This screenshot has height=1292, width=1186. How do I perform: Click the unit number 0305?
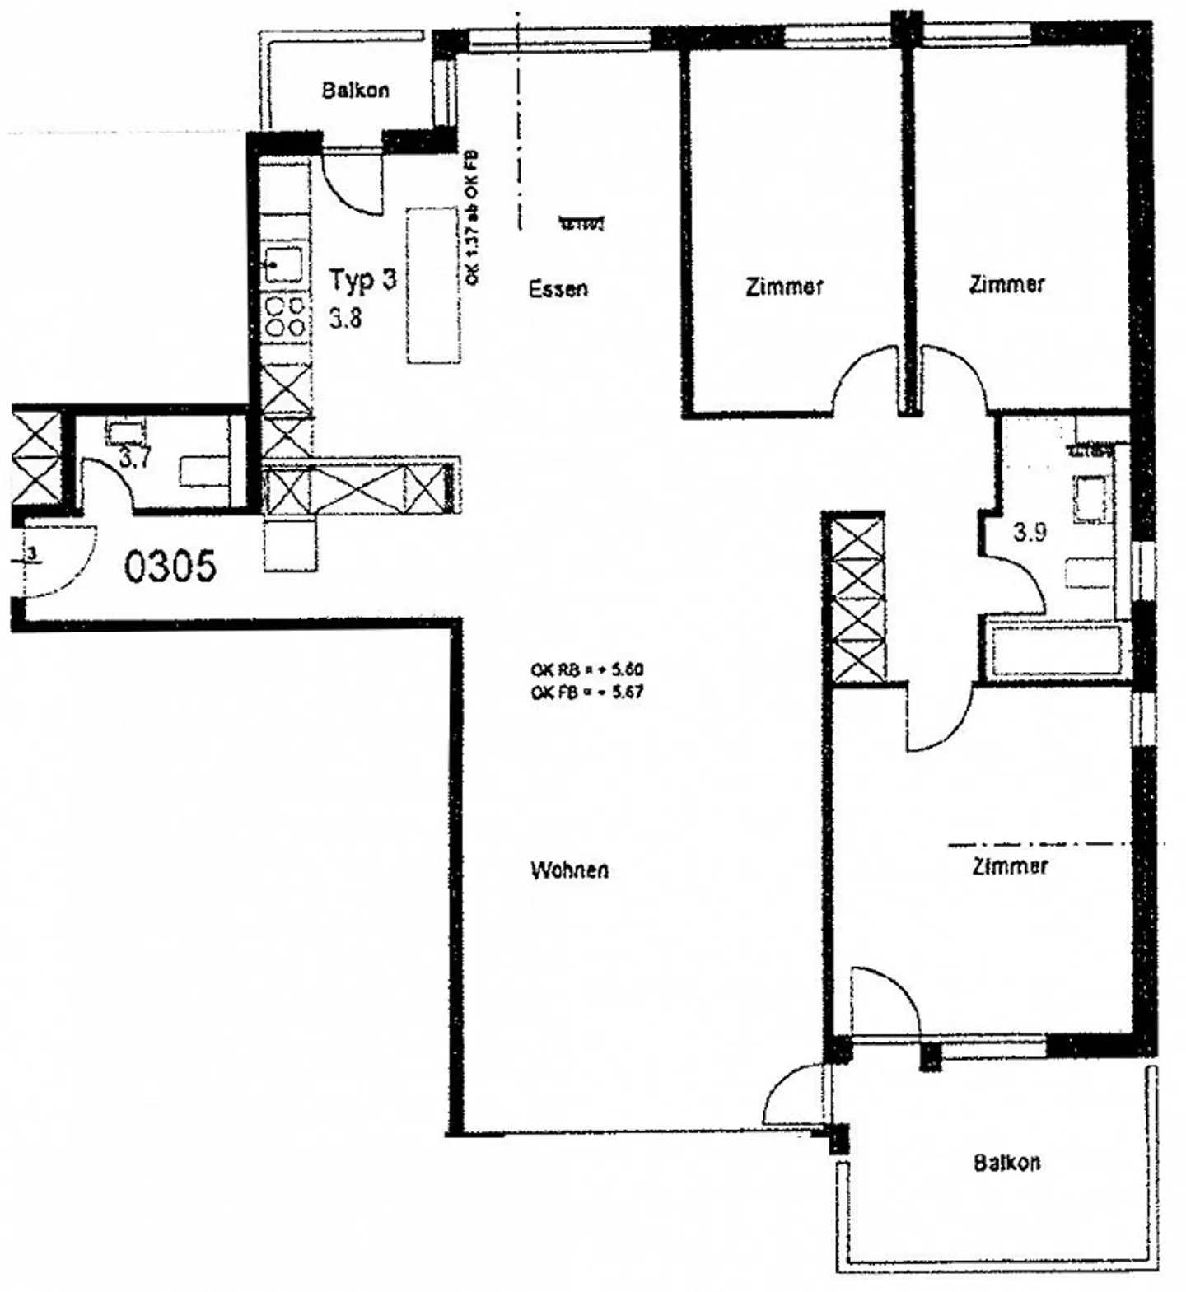(170, 567)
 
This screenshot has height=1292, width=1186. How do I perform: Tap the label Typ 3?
(362, 280)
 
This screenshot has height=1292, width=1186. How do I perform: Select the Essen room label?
(558, 289)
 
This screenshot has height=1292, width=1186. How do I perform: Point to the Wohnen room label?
(569, 870)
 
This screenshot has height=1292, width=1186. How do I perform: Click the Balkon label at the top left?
(355, 90)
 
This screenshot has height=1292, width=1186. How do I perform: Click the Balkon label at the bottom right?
(1006, 1163)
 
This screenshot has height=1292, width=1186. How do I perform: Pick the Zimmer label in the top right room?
(1006, 284)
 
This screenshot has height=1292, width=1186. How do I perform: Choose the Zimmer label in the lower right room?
(1010, 866)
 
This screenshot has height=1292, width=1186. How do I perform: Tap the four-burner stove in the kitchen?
(286, 317)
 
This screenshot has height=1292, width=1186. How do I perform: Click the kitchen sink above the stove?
(284, 264)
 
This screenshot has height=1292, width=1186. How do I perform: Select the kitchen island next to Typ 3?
(433, 285)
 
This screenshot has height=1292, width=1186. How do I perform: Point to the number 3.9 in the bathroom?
(1029, 533)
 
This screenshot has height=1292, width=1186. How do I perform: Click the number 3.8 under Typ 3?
(345, 318)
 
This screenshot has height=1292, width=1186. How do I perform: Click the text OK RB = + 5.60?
(586, 670)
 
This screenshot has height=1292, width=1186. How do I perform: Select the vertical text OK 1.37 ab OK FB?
(473, 218)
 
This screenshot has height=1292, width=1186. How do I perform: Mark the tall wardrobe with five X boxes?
(857, 598)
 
